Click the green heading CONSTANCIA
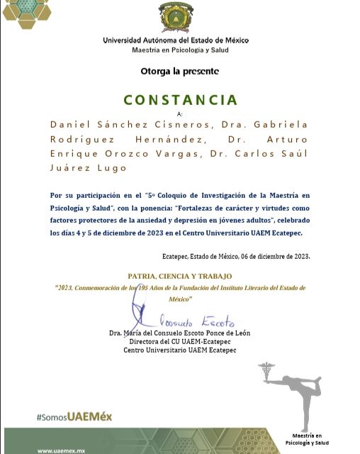(181, 100)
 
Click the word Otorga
(155, 71)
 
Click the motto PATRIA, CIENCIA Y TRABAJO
(179, 276)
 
